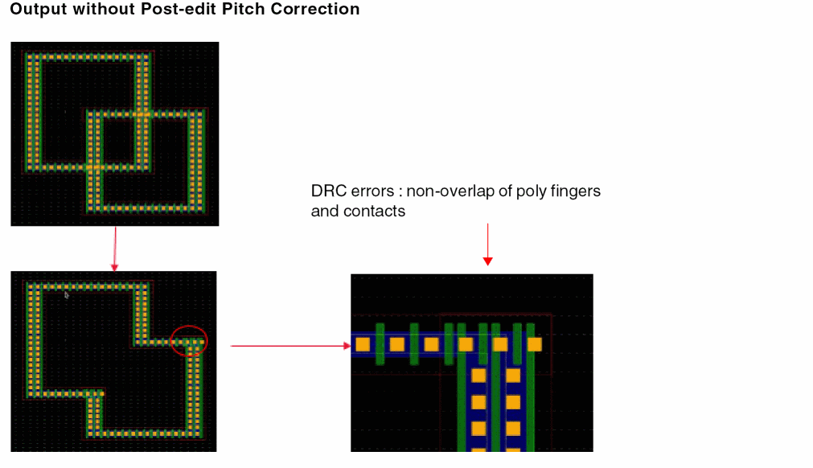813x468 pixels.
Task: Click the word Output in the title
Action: (38, 10)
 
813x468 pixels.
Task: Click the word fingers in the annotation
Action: (575, 192)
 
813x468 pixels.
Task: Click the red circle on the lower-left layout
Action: (190, 341)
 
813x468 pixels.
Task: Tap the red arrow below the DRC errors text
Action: (487, 244)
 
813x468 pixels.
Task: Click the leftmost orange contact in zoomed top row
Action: (362, 344)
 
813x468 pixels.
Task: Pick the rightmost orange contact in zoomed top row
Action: (534, 344)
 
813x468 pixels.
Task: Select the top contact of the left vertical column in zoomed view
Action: (478, 375)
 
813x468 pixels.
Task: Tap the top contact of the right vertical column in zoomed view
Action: (513, 375)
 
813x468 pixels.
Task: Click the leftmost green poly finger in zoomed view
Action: (380, 344)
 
